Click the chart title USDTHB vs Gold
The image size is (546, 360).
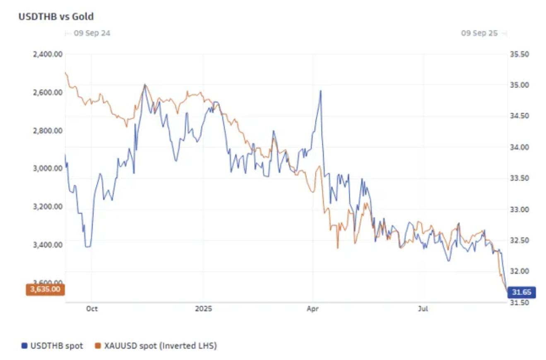56,17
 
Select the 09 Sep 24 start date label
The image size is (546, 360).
92,33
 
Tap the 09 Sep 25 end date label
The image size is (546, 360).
479,33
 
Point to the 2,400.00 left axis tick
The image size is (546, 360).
48,54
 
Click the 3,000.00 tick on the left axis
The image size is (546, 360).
48,168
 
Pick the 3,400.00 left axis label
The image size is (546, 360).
48,244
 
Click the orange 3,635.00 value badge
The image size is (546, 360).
45,289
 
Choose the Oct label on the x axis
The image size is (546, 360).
92,309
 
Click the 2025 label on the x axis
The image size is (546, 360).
203,309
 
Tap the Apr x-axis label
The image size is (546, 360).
313,309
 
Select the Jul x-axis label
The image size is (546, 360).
423,309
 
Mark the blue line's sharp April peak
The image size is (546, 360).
320,91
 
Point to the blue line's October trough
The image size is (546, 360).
88,246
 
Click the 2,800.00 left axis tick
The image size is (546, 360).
48,130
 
